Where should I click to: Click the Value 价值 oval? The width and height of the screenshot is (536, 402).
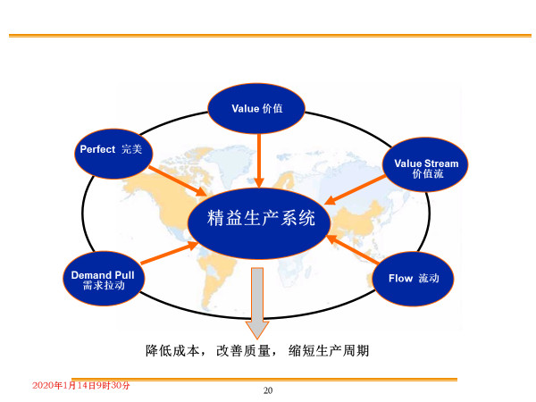click(x=256, y=108)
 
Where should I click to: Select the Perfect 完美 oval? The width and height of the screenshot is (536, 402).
click(x=113, y=154)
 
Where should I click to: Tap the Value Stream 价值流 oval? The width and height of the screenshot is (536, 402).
click(x=425, y=164)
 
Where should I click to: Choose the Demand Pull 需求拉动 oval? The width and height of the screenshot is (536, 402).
click(x=104, y=279)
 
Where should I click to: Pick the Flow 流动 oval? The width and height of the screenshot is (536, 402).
click(x=413, y=279)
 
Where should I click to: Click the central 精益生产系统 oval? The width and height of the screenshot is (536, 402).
click(x=259, y=223)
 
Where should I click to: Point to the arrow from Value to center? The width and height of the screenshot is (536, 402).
click(x=259, y=161)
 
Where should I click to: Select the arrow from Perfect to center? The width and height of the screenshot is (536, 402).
click(x=178, y=181)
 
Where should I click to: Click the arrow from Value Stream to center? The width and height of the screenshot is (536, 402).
click(x=355, y=189)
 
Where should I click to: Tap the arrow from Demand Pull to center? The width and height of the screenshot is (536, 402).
click(x=169, y=253)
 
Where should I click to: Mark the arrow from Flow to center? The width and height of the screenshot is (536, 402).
click(x=352, y=249)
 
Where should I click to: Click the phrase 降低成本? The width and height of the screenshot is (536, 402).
click(x=172, y=351)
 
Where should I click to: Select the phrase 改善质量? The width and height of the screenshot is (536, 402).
click(x=243, y=351)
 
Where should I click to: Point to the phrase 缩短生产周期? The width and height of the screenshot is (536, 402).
click(x=329, y=351)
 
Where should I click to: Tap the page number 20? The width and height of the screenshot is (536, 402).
click(x=268, y=390)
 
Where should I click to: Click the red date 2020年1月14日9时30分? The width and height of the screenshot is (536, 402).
click(x=81, y=386)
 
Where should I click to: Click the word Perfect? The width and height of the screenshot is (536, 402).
click(x=97, y=149)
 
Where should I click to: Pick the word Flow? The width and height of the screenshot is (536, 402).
click(x=400, y=278)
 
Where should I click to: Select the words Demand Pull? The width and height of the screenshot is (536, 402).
click(x=103, y=275)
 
